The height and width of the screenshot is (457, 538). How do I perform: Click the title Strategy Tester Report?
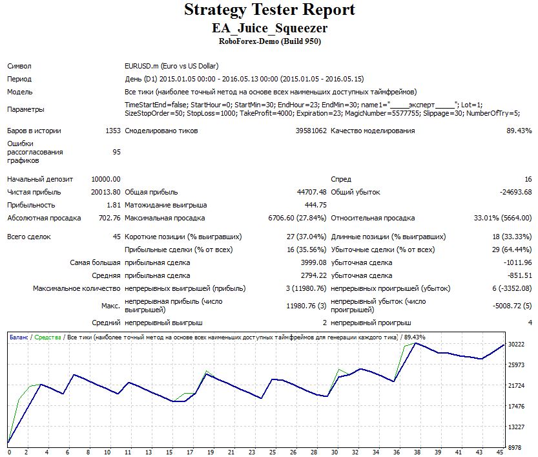click(269, 10)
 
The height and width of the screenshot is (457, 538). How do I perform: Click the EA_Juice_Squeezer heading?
click(269, 28)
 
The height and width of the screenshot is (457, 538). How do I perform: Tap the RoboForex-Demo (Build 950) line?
click(269, 41)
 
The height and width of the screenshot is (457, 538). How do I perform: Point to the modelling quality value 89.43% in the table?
click(519, 131)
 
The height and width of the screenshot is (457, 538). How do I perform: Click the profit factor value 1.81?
click(113, 205)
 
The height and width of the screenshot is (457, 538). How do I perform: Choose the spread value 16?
click(528, 179)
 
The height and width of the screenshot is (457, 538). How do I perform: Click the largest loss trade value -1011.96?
click(515, 262)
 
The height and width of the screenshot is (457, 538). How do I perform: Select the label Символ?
click(19, 66)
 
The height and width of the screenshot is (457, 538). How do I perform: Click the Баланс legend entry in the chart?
click(19, 337)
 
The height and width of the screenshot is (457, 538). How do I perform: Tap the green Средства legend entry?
click(48, 337)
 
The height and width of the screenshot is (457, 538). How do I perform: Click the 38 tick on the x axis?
click(417, 452)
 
